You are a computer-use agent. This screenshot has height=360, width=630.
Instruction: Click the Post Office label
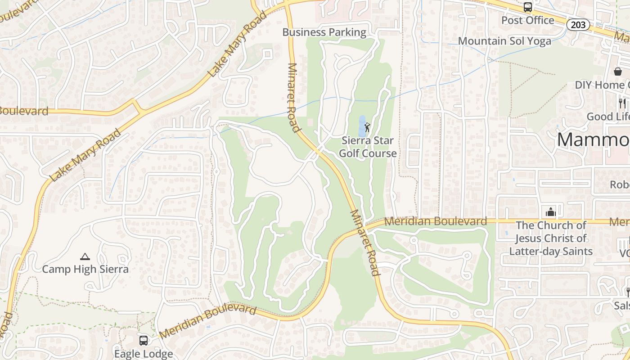click(x=527, y=20)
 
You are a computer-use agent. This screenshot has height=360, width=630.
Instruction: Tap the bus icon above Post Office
click(x=527, y=7)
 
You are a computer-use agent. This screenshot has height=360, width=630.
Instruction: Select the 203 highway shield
click(x=578, y=25)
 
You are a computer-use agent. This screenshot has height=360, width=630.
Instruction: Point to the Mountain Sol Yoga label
click(x=504, y=41)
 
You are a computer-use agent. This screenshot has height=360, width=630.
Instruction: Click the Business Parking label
click(x=324, y=32)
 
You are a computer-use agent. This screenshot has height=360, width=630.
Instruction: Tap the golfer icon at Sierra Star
click(x=367, y=127)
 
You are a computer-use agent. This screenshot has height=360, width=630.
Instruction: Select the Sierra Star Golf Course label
click(x=368, y=147)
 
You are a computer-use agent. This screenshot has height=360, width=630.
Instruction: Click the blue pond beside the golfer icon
click(x=362, y=126)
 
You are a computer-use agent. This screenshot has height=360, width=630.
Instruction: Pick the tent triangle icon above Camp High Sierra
click(x=85, y=257)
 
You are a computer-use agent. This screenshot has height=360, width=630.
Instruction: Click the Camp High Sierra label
click(x=85, y=270)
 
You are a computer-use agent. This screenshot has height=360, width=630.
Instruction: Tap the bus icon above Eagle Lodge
click(x=144, y=341)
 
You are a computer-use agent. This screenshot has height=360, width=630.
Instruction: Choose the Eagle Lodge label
click(x=144, y=354)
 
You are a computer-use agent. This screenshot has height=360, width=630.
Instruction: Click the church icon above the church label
click(x=550, y=211)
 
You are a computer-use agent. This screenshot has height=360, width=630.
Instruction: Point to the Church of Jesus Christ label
click(x=551, y=238)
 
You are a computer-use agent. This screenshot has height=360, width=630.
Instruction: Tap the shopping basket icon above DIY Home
click(x=618, y=72)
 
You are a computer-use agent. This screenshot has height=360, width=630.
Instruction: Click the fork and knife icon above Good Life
click(x=622, y=103)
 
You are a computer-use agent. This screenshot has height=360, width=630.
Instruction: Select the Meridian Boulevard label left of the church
click(x=436, y=221)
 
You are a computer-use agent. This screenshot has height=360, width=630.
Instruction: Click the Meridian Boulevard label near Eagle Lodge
click(x=207, y=321)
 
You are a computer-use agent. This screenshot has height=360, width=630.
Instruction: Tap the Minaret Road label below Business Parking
click(x=294, y=97)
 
